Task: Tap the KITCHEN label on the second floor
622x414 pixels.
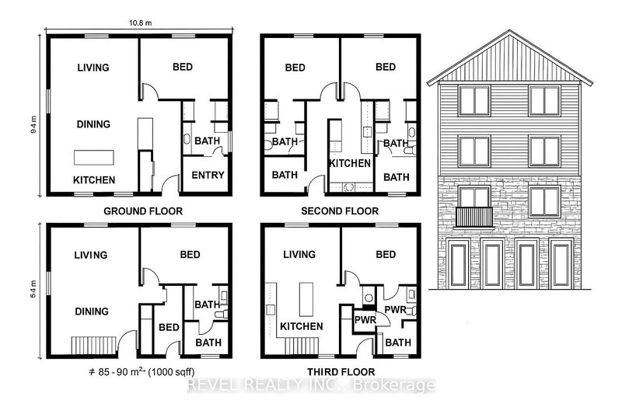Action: point(350,163)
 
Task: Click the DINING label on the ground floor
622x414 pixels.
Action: point(93,124)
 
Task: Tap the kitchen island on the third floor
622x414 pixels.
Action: point(304,297)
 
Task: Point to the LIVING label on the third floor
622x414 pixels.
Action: point(299,254)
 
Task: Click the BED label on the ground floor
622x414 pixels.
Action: point(187,68)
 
